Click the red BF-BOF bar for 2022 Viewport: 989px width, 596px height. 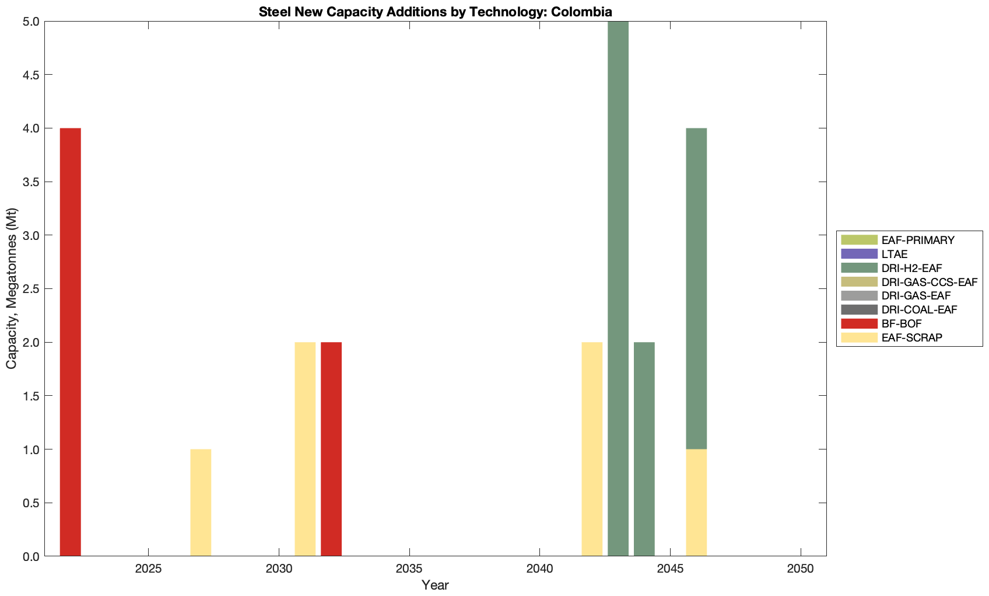pos(70,341)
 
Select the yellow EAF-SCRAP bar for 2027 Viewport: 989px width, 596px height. pos(201,502)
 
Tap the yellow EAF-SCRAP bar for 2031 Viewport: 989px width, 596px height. pos(305,449)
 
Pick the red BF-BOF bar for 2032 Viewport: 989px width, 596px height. pos(331,449)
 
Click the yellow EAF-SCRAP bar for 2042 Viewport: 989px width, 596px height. pos(592,449)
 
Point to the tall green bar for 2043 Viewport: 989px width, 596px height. pos(618,288)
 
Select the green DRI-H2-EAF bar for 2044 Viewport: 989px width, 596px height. pos(644,449)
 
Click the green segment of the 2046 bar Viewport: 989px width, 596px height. pos(696,288)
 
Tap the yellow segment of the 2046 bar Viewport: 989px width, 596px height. pos(696,502)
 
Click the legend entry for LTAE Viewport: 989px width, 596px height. pos(895,254)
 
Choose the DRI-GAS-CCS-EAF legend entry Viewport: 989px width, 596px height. pos(929,282)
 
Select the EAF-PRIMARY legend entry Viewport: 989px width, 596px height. pos(918,240)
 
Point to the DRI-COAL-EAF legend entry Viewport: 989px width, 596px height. pos(919,309)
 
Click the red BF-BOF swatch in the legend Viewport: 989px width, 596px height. pos(859,323)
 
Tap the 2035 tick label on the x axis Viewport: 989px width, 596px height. pos(409,569)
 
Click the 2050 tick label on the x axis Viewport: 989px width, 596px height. pos(801,569)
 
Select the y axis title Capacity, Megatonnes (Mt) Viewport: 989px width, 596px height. pos(12,288)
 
